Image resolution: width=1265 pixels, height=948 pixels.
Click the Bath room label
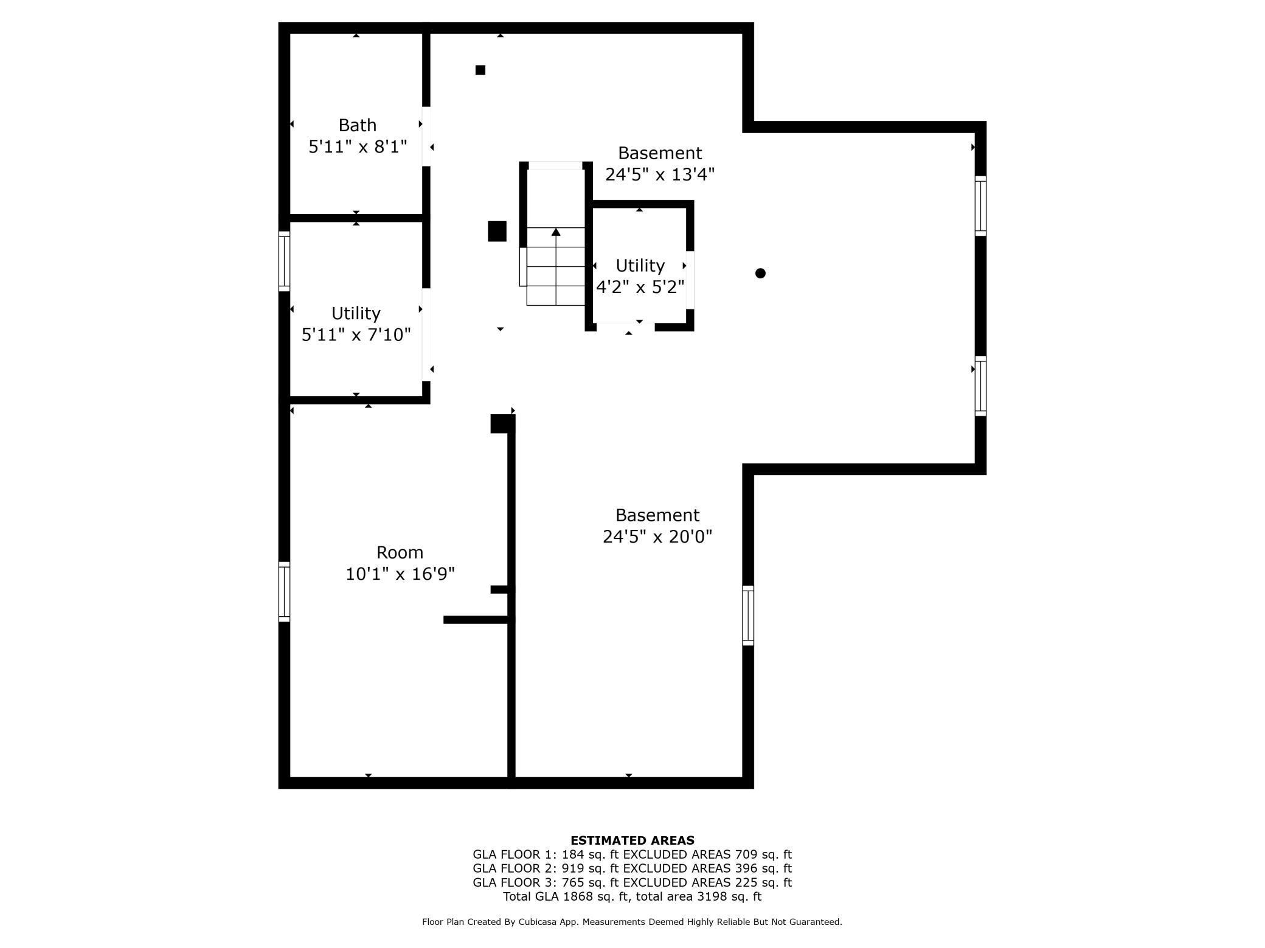pyautogui.click(x=358, y=125)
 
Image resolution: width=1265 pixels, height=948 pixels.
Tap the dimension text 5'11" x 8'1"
pyautogui.click(x=358, y=147)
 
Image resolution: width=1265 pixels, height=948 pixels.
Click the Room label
pyautogui.click(x=400, y=552)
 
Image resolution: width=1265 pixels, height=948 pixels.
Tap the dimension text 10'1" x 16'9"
pyautogui.click(x=400, y=574)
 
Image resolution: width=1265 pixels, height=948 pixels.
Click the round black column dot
pyautogui.click(x=760, y=273)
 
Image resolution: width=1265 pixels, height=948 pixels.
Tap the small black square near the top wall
pyautogui.click(x=480, y=70)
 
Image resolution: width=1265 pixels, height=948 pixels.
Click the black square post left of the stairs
pyautogui.click(x=497, y=232)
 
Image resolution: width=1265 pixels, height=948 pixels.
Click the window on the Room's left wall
pyautogui.click(x=284, y=592)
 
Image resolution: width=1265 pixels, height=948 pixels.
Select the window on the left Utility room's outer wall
pyautogui.click(x=284, y=261)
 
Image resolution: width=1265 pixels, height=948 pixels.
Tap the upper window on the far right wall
pyautogui.click(x=980, y=206)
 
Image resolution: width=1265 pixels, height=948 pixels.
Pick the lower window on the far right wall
pyautogui.click(x=980, y=386)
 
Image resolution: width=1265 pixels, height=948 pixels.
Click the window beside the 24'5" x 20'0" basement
pyautogui.click(x=748, y=615)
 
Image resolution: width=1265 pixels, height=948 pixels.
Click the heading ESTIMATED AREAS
pyautogui.click(x=632, y=840)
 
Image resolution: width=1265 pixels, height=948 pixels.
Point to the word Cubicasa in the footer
pyautogui.click(x=539, y=922)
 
